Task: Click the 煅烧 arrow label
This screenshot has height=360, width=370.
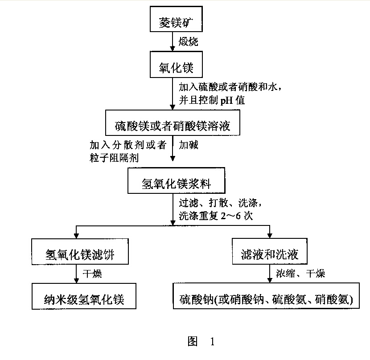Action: [x=188, y=41]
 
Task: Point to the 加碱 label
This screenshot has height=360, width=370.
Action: [x=188, y=145]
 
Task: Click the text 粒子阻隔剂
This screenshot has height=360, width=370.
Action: [x=114, y=158]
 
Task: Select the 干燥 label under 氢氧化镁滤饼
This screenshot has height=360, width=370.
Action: [x=92, y=274]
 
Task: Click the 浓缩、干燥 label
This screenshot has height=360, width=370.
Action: [x=300, y=274]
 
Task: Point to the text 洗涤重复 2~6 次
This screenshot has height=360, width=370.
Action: [x=216, y=216]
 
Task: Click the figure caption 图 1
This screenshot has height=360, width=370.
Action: [x=201, y=341]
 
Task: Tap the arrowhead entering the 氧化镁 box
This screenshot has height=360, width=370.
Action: [x=173, y=49]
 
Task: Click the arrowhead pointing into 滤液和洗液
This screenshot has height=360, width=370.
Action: [x=270, y=236]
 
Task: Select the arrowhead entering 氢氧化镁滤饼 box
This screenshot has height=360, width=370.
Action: [x=76, y=236]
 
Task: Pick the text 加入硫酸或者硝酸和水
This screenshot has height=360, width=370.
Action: [x=228, y=87]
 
